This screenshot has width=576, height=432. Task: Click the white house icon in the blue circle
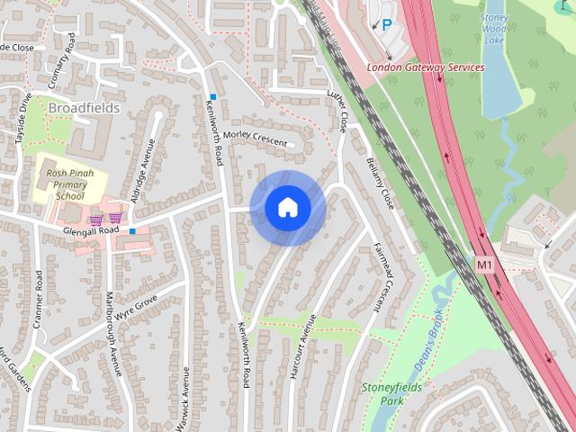click(288, 208)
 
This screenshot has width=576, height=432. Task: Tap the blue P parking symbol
click(387, 25)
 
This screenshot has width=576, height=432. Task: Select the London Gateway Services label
click(425, 67)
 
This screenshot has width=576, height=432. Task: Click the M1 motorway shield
click(485, 265)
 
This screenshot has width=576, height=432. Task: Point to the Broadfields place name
click(84, 108)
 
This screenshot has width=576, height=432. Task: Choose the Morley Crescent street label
click(255, 137)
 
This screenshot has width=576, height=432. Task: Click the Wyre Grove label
click(137, 304)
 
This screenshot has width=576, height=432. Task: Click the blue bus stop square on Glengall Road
click(132, 231)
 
